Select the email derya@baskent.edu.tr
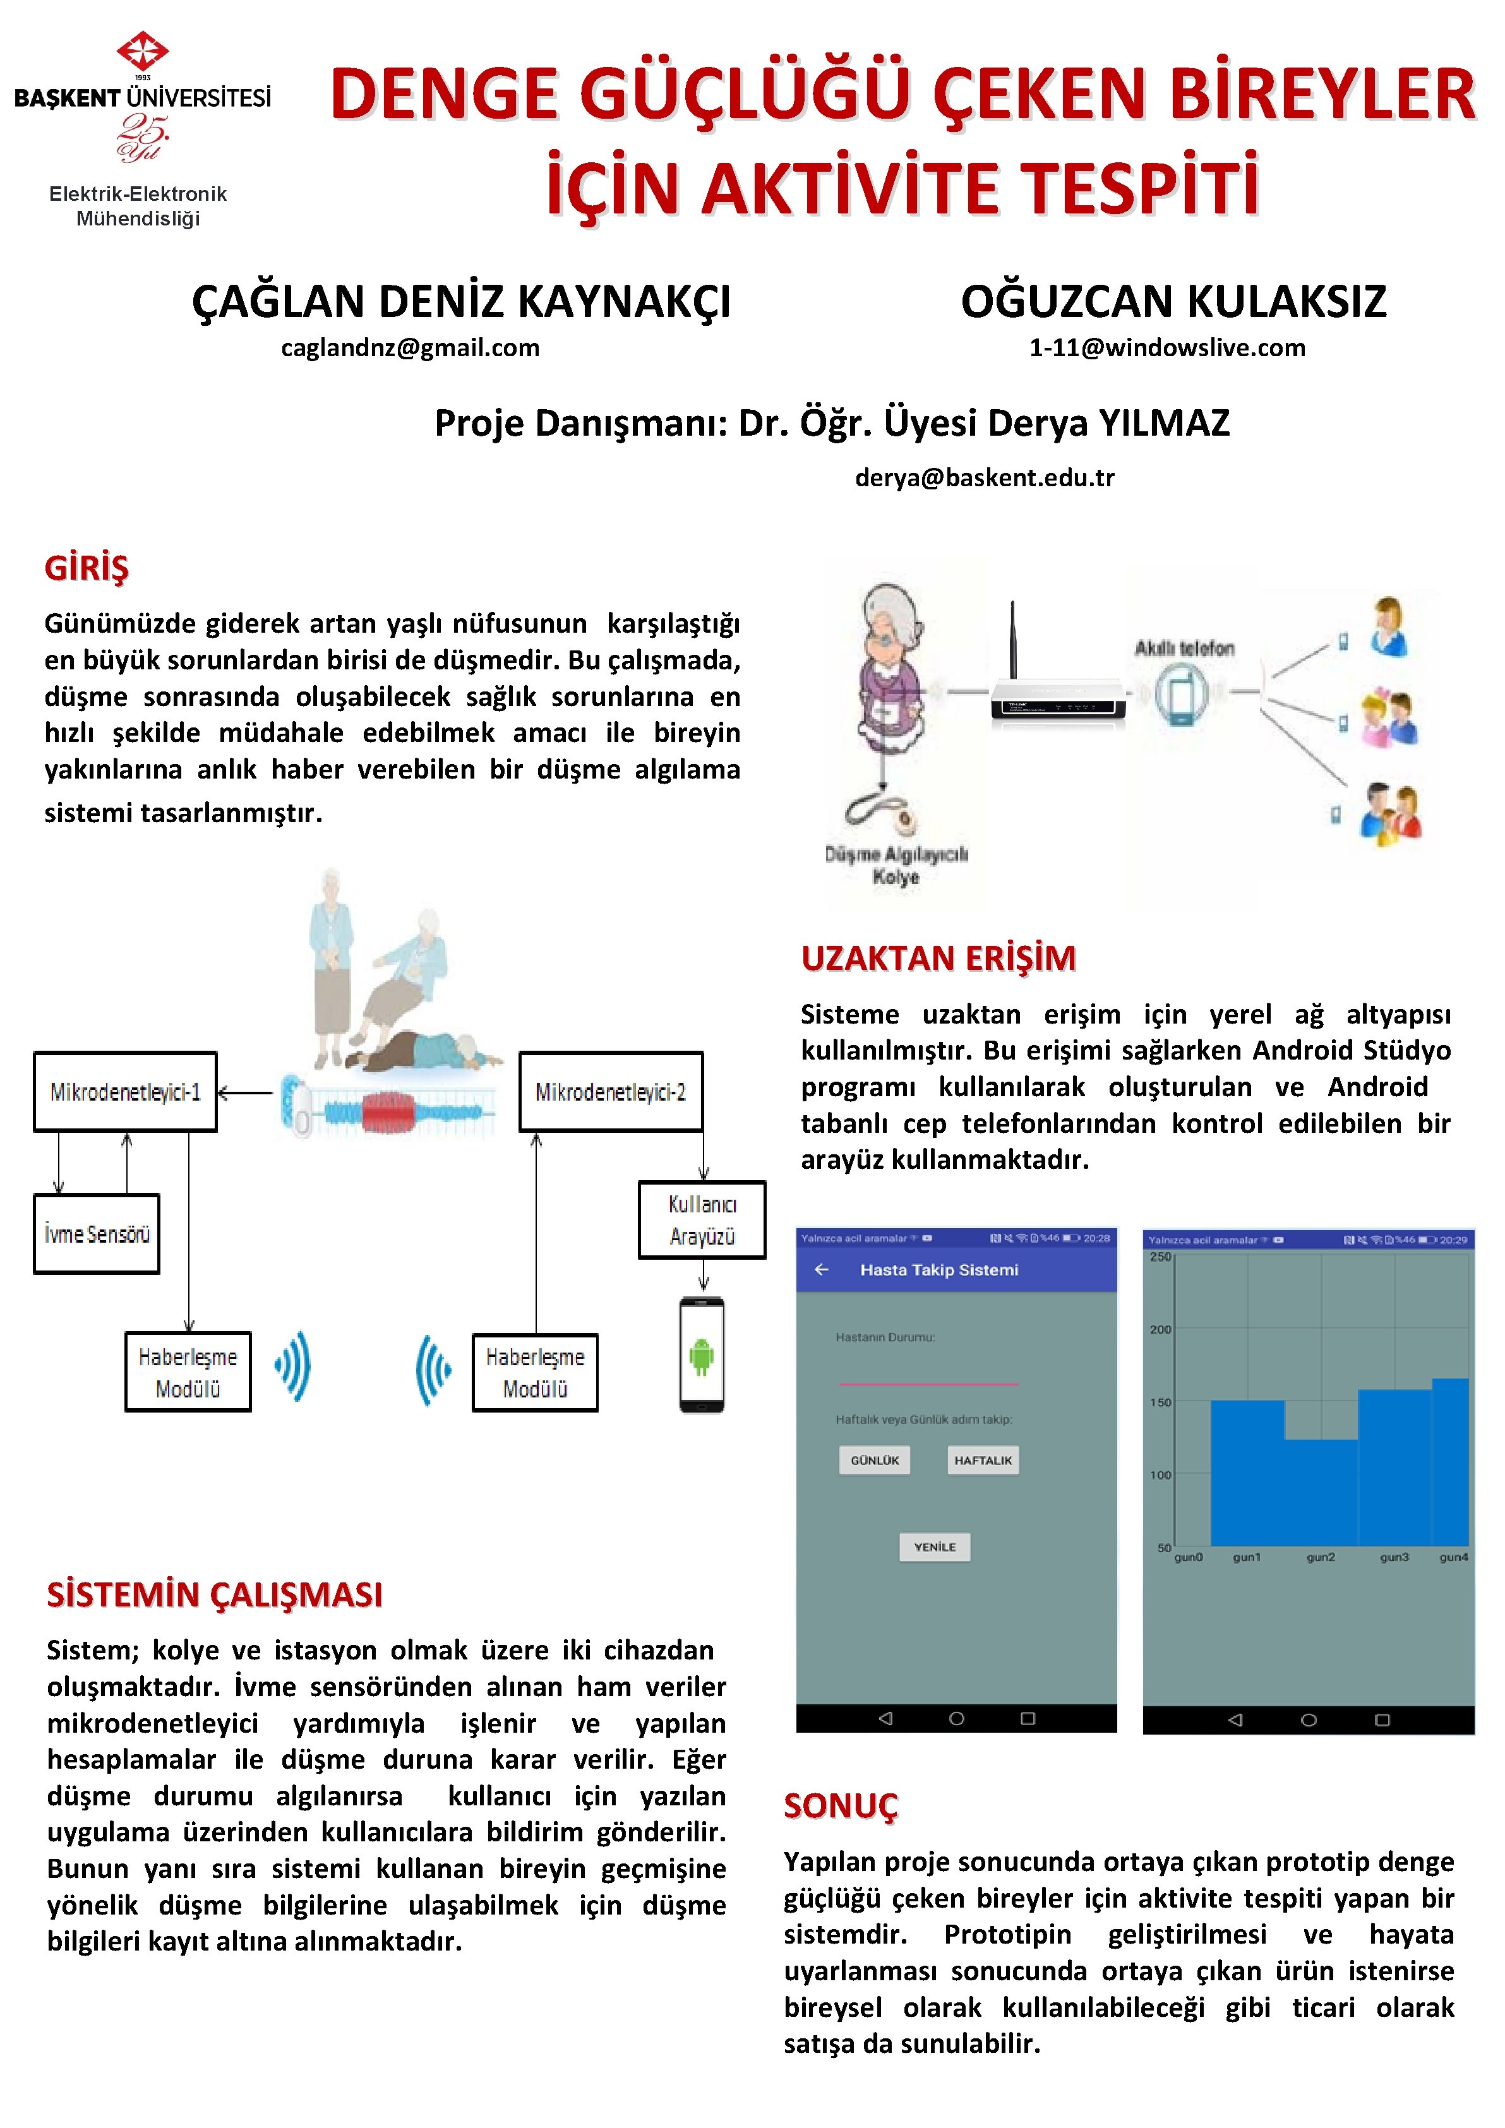coord(984,477)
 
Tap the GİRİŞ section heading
coord(86,567)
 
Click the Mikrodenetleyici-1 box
coord(125,1092)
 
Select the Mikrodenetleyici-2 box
coord(611,1092)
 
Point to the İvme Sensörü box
coord(97,1234)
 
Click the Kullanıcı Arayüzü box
coord(702,1220)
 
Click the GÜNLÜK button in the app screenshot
coord(875,1460)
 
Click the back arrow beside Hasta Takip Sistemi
coord(821,1270)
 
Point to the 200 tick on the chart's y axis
coord(1160,1329)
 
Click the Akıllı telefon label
coord(1184,648)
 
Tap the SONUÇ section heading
coord(841,1805)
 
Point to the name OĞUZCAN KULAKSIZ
coord(1173,301)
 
